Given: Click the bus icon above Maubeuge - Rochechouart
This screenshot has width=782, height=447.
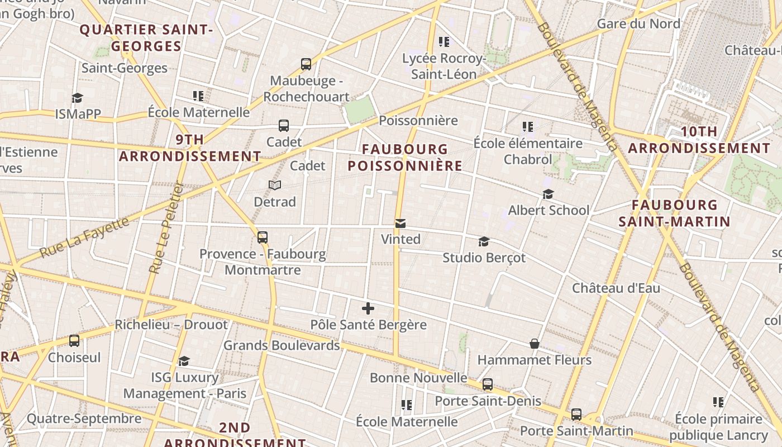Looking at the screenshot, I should click(306, 64).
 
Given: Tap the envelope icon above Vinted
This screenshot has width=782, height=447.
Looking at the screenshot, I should click(400, 223).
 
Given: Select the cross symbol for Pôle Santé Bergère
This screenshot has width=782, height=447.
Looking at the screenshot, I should click(368, 308).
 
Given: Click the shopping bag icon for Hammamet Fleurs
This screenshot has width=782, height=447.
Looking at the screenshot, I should click(535, 344).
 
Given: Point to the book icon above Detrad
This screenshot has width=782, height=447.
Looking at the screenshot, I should click(275, 185).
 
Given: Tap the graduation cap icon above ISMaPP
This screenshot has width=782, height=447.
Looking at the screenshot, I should click(77, 98).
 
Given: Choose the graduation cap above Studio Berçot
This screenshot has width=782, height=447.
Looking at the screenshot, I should click(484, 242).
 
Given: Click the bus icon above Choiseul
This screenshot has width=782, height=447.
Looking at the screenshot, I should click(74, 341).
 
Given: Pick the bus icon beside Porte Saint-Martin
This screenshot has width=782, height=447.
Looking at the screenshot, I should click(576, 415).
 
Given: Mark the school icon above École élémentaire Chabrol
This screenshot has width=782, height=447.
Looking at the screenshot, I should click(527, 127).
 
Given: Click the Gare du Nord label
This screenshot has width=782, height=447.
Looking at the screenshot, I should click(638, 23).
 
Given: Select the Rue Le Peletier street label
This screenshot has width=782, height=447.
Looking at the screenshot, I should click(167, 229).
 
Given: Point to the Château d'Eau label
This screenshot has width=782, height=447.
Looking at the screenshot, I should click(616, 288).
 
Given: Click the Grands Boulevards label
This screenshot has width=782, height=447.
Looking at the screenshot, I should click(282, 345).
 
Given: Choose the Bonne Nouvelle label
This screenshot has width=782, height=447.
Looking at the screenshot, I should click(418, 378).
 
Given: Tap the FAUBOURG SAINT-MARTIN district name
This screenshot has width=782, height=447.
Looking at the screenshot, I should click(674, 213).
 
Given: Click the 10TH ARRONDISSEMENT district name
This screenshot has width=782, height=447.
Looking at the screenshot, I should click(699, 140).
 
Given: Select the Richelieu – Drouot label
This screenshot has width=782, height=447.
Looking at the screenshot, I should click(171, 325).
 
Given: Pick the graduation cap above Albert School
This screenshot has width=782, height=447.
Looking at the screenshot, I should click(548, 194).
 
